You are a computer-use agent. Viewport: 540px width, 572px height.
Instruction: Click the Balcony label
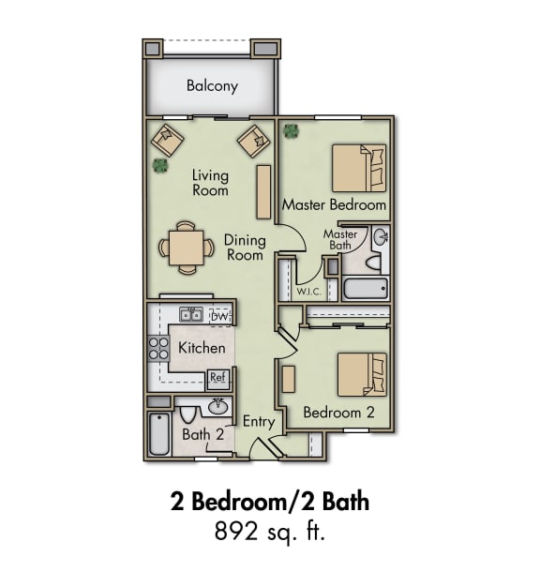[212, 86]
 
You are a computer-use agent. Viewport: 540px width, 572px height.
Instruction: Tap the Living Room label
[210, 182]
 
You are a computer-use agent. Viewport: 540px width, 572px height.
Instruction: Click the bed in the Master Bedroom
[359, 168]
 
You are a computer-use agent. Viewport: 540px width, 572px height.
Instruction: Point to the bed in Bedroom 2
[362, 375]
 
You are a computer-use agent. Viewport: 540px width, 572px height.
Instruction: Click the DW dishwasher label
[219, 317]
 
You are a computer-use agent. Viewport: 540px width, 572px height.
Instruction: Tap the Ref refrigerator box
[217, 378]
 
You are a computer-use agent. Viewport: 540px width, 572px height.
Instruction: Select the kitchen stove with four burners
[157, 350]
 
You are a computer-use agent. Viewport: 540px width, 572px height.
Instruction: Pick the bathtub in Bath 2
[159, 434]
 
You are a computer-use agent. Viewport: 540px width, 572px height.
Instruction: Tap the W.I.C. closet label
[308, 291]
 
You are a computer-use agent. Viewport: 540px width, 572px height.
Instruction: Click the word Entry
[259, 422]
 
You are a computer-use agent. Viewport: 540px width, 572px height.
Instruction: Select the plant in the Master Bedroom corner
[292, 130]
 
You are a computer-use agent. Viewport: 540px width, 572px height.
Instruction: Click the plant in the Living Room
[160, 166]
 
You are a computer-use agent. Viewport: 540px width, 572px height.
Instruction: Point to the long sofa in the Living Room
[263, 191]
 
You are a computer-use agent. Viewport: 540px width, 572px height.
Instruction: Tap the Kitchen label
[202, 348]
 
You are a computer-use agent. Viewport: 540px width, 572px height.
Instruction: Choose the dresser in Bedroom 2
[289, 378]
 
